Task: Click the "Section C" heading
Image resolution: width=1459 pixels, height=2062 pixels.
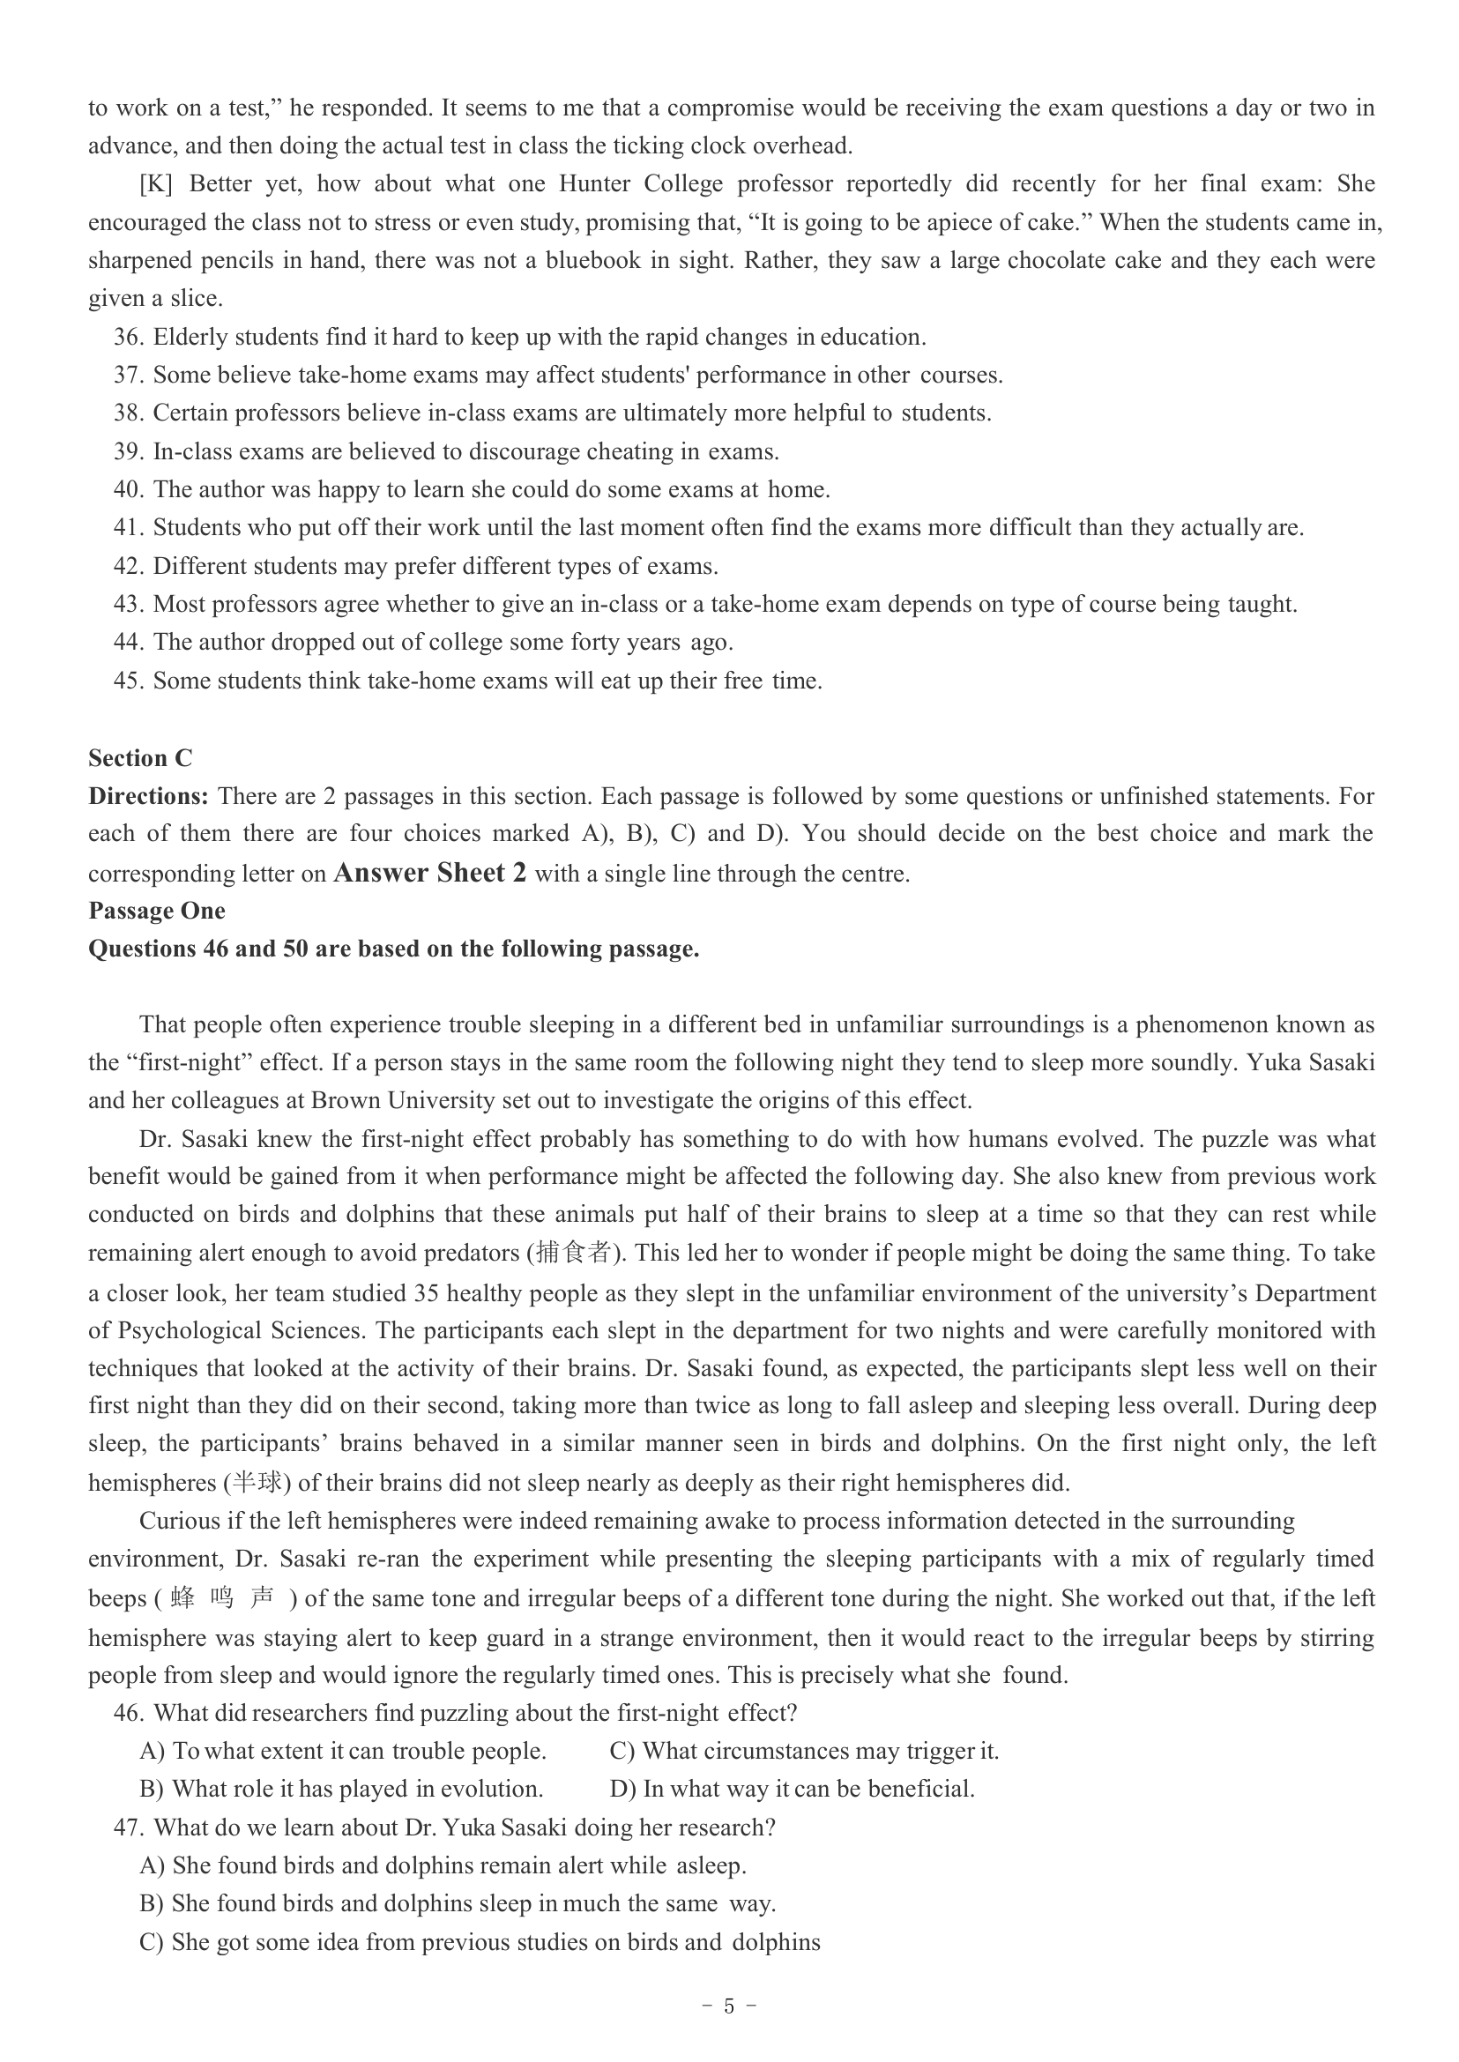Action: click(x=139, y=758)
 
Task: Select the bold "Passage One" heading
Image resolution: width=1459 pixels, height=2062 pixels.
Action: click(x=156, y=910)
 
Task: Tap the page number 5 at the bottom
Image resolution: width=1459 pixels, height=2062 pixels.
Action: click(x=728, y=2006)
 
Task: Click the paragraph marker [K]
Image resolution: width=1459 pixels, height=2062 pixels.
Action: click(x=155, y=184)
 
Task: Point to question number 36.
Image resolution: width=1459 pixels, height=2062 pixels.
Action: click(x=129, y=337)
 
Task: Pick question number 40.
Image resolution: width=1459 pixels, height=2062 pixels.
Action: click(x=129, y=489)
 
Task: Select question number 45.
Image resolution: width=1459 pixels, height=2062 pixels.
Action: click(x=129, y=681)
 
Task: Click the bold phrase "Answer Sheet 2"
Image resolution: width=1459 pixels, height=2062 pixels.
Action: click(x=429, y=873)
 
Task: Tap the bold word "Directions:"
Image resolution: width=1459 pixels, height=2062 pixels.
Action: click(x=148, y=796)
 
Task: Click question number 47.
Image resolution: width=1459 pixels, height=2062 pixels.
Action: click(x=129, y=1828)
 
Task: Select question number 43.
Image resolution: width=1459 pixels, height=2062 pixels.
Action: click(x=129, y=604)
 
